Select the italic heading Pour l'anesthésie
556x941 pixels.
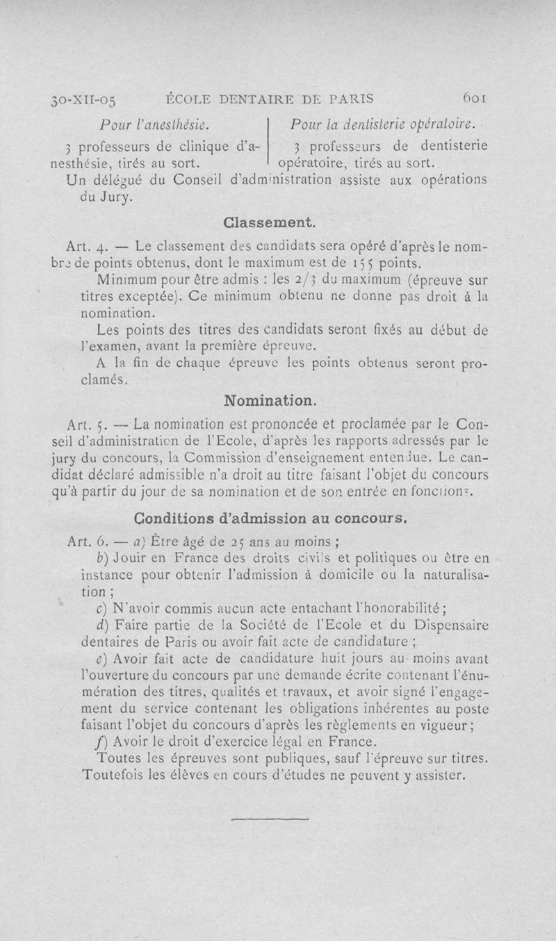(x=156, y=125)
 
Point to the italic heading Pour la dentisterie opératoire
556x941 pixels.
(x=383, y=124)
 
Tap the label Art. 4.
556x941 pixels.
(x=87, y=247)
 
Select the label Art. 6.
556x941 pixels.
(x=87, y=541)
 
